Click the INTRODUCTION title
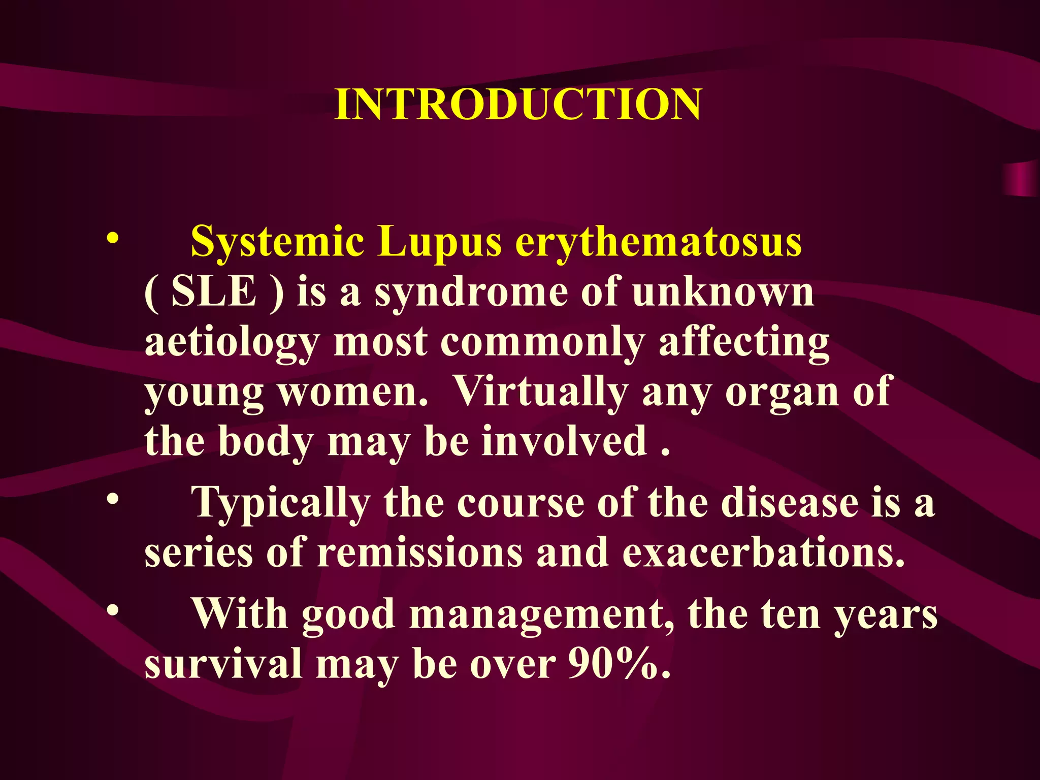coord(518,104)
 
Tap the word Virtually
coord(540,392)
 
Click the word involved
coord(564,441)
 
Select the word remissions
coord(419,552)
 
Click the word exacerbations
coord(763,552)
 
